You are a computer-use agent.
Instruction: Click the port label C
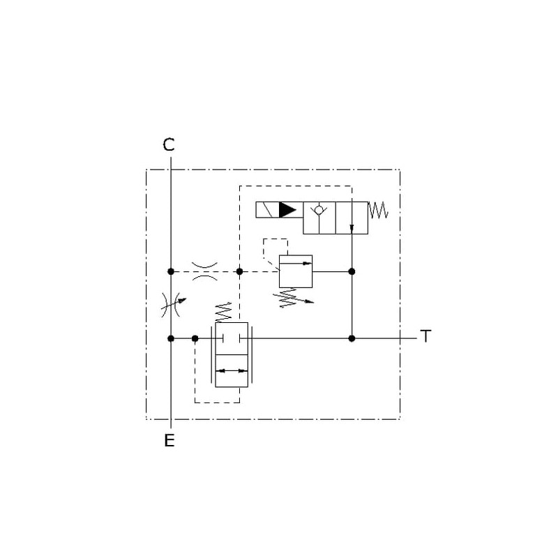[x=169, y=144]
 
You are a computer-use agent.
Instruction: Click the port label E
[x=169, y=441]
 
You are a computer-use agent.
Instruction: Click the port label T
[x=425, y=336]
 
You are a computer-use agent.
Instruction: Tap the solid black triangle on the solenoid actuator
[x=287, y=210]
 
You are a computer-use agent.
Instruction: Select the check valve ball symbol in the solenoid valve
[x=319, y=210]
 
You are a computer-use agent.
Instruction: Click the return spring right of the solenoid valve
[x=378, y=210]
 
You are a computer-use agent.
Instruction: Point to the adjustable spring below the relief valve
[x=293, y=298]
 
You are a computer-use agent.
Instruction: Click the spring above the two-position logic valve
[x=223, y=312]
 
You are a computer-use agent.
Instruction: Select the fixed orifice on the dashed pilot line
[x=204, y=271]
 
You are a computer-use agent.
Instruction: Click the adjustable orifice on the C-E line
[x=173, y=305]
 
